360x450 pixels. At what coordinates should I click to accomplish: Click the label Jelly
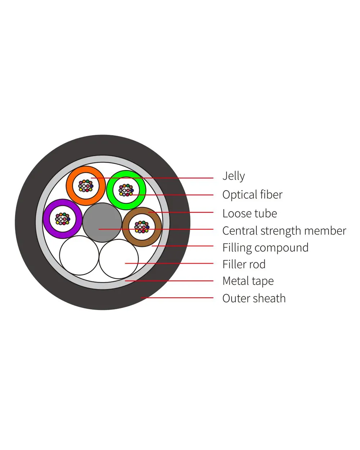click(233, 176)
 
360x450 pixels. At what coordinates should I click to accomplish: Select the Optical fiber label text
click(252, 195)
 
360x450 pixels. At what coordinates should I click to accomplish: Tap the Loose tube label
click(249, 213)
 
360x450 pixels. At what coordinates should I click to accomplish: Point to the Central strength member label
click(284, 231)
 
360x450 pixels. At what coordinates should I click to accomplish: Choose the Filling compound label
click(265, 248)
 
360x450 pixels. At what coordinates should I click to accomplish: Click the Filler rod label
click(244, 265)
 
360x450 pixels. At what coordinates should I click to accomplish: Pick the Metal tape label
click(248, 281)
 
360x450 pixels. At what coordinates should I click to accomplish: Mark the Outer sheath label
click(254, 298)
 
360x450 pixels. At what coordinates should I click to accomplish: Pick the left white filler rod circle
click(79, 256)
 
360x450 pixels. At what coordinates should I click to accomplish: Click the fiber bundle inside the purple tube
click(63, 219)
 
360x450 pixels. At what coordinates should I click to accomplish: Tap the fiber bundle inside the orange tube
click(86, 186)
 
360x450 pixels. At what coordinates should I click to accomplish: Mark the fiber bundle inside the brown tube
click(142, 227)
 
